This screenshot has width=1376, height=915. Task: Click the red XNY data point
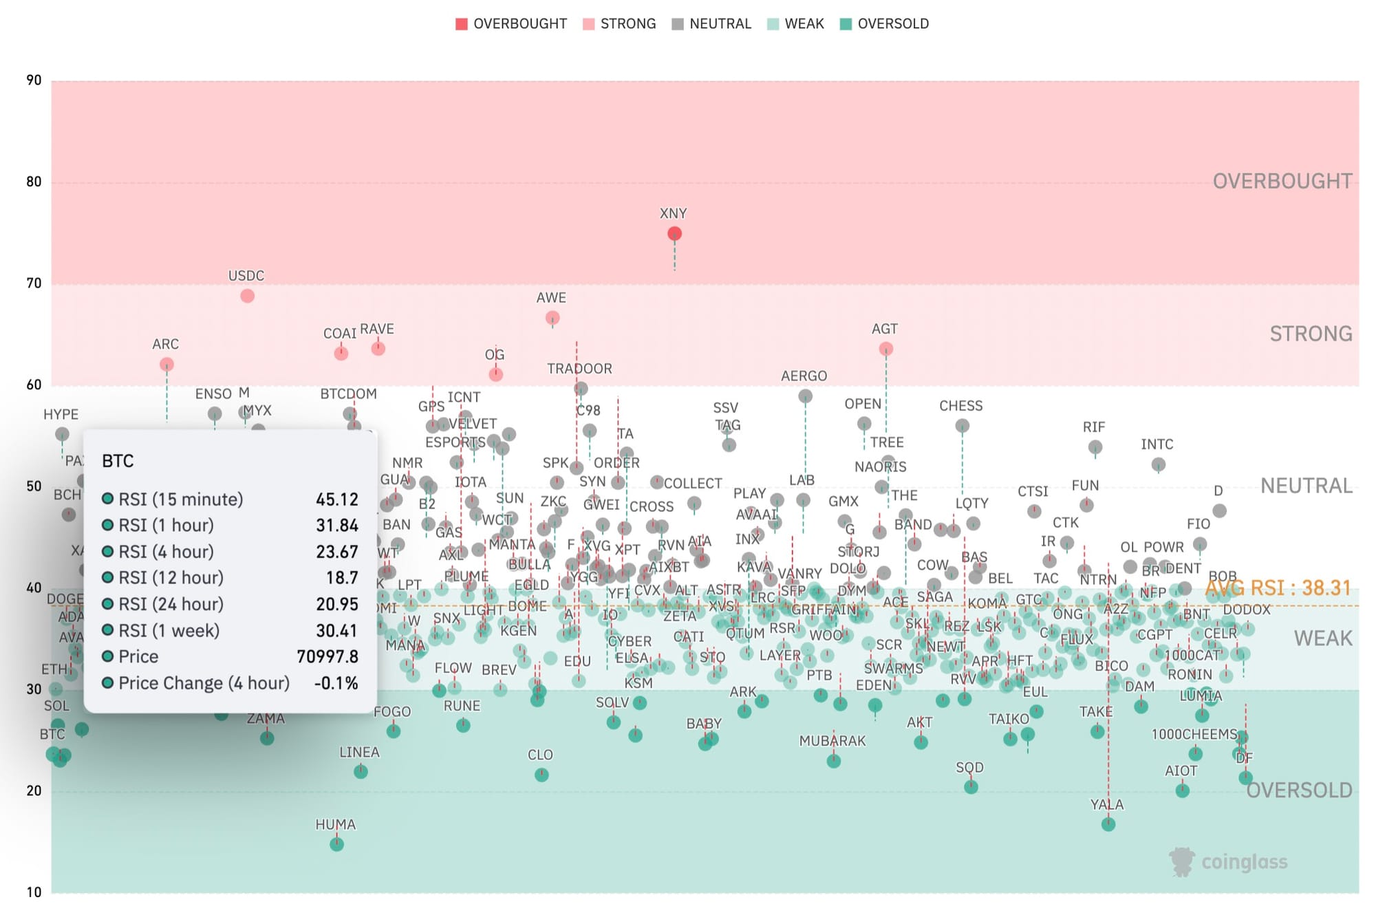coord(674,234)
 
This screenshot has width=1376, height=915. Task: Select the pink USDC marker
coord(248,296)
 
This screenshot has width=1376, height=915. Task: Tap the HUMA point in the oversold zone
coord(336,844)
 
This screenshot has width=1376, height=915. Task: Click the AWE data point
coord(552,318)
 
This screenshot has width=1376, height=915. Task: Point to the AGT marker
coord(886,349)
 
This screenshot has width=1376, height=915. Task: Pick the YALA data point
coord(1108,824)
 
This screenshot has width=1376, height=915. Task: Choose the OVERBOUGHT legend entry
coord(511,24)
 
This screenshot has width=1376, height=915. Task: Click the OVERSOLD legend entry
coord(885,24)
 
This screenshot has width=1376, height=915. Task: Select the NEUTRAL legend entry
coord(712,24)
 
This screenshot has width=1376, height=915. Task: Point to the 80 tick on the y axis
coord(34,182)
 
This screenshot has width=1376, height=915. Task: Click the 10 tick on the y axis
coord(34,893)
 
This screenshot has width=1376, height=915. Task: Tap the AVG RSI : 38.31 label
coord(1278,588)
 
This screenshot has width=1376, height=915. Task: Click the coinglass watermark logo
coord(1228,862)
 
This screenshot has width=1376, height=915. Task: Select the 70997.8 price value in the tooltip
coord(327,657)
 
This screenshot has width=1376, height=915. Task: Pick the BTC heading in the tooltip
coord(118,461)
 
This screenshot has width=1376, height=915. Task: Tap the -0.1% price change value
coord(336,683)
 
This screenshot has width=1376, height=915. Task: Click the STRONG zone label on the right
coord(1311,334)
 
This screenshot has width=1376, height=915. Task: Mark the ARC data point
coord(166,365)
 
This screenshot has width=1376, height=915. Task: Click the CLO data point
coord(541,775)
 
